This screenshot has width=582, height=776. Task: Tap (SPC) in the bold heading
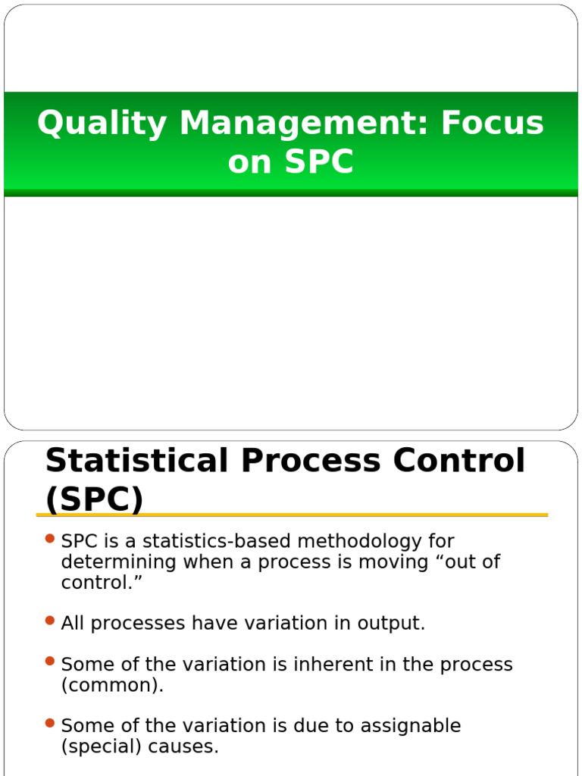(x=94, y=499)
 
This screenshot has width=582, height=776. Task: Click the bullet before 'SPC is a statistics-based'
(x=50, y=539)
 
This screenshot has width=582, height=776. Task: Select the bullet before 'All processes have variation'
(x=50, y=621)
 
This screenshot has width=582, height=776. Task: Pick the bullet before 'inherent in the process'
(x=50, y=662)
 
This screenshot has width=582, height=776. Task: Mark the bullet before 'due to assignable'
(x=50, y=723)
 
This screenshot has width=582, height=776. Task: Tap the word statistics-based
(x=211, y=541)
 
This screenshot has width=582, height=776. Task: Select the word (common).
(x=112, y=685)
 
